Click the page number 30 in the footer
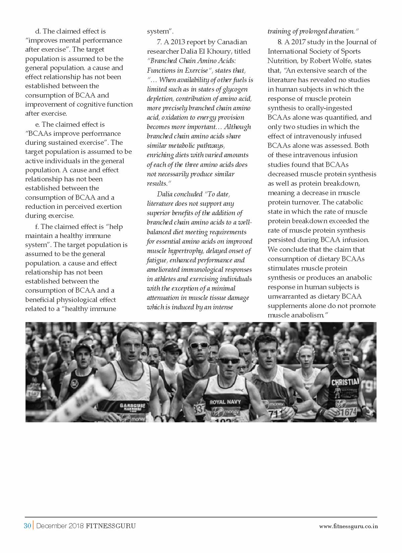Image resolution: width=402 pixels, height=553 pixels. (x=27, y=526)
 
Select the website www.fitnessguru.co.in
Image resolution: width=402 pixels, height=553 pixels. (x=348, y=526)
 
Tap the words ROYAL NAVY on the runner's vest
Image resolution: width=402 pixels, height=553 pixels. (x=225, y=402)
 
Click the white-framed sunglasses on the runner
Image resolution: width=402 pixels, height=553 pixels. (x=199, y=345)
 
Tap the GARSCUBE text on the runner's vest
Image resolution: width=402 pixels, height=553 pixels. (x=133, y=406)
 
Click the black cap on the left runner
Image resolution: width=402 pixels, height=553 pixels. (x=82, y=348)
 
